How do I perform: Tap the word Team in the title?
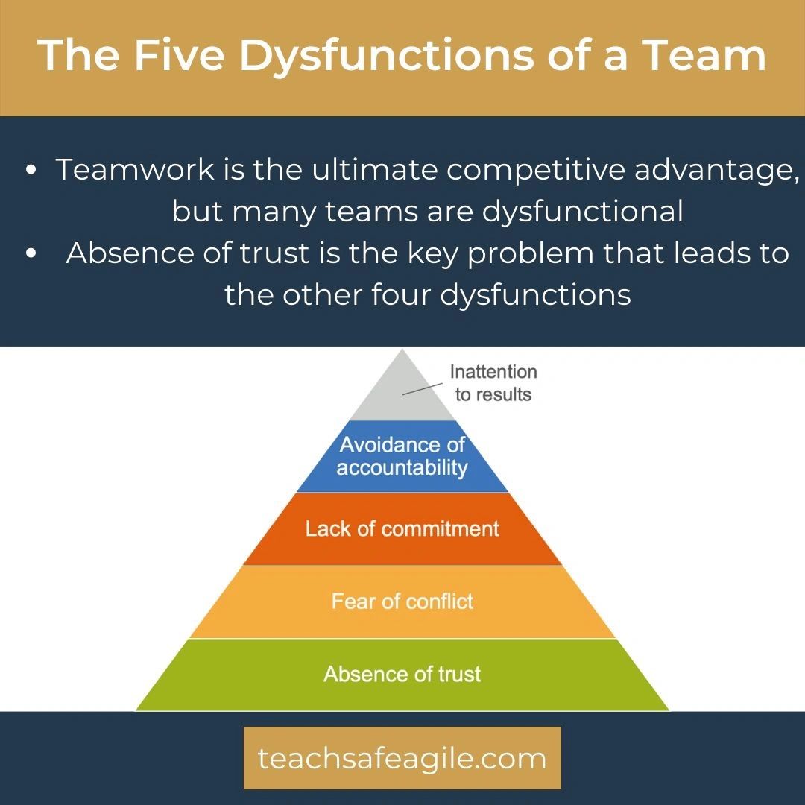pos(704,54)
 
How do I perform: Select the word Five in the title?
pos(179,54)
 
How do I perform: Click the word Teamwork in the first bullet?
pos(135,169)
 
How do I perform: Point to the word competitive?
pos(535,171)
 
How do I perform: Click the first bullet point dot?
pos(31,170)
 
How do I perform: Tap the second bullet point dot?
pos(31,253)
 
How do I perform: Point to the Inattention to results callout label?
pos(493,383)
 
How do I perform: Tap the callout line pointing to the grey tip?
pos(423,388)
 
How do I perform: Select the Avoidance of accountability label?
pos(402,456)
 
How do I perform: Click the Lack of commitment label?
pos(402,528)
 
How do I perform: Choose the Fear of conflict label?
pos(402,602)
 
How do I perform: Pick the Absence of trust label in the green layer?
pos(402,674)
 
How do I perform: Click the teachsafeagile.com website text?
pos(402,758)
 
